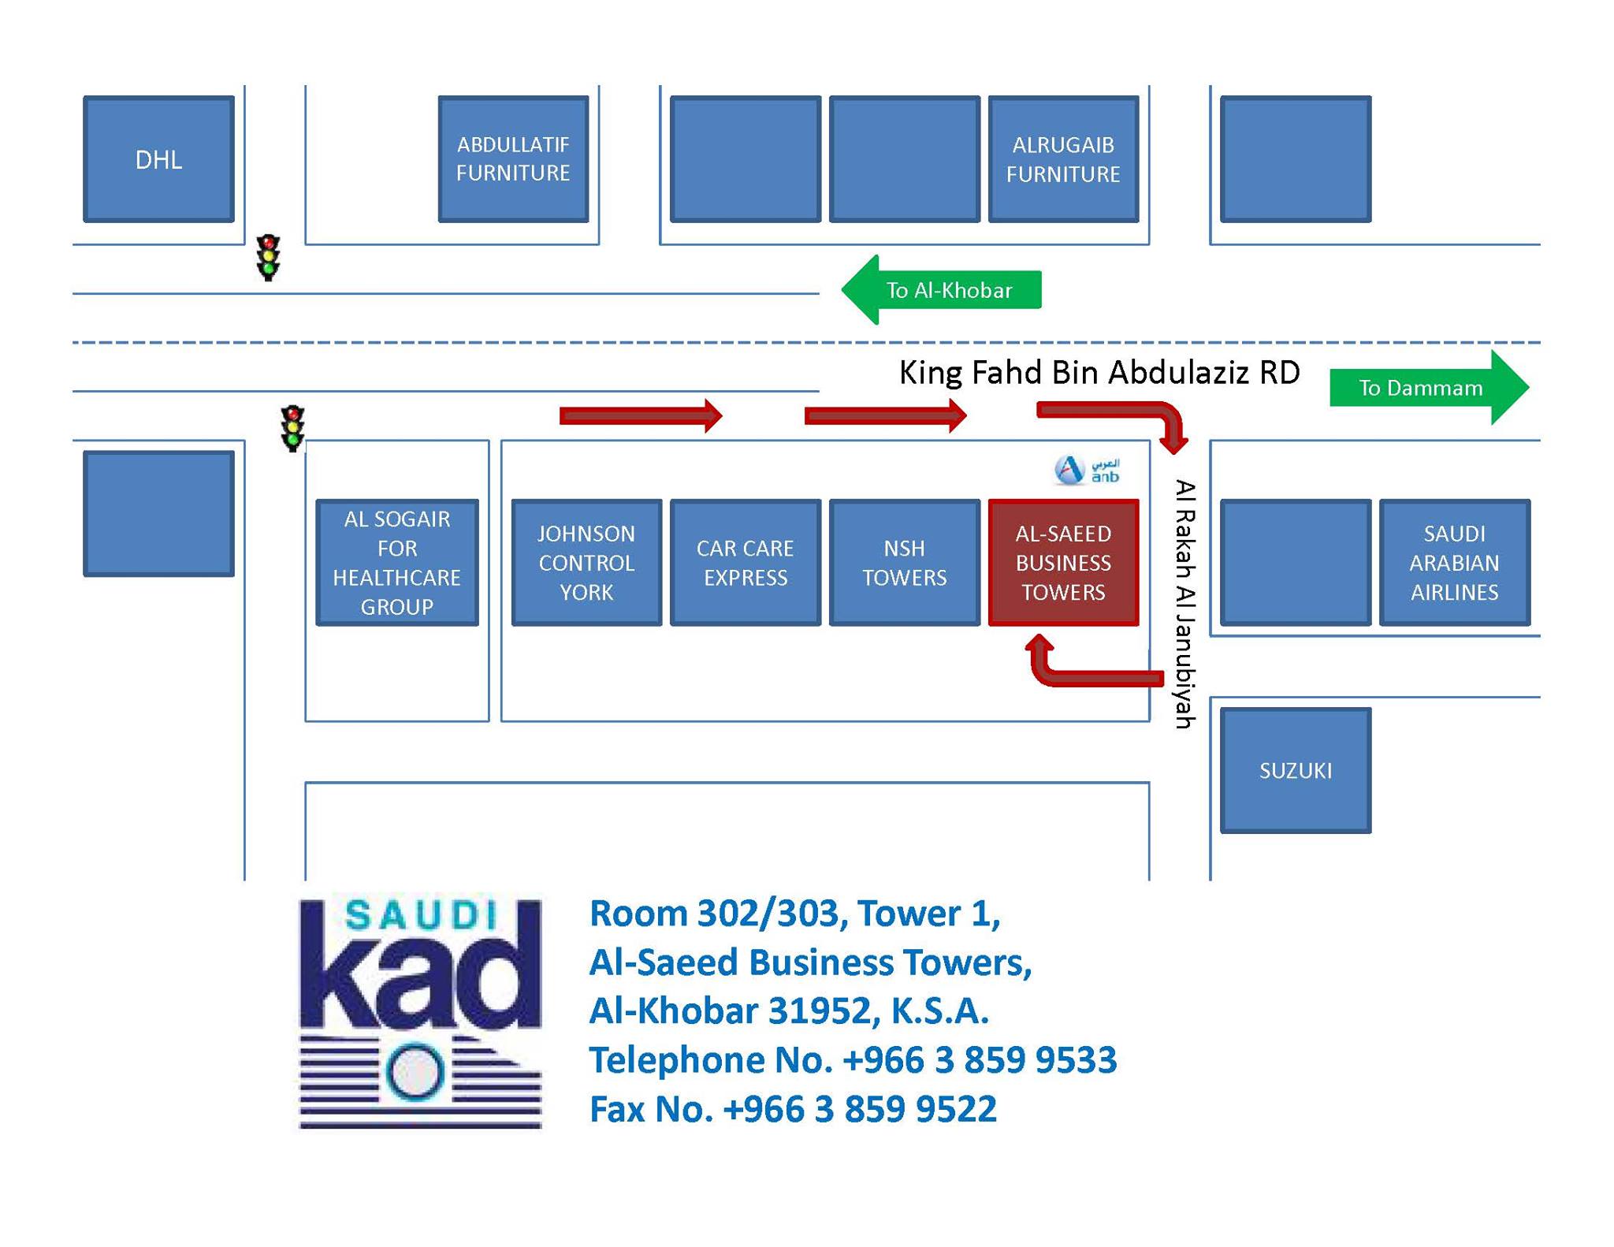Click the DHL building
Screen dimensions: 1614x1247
pos(158,159)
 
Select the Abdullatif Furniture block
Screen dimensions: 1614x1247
pos(513,159)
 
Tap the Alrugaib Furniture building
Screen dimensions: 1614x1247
pos(1063,159)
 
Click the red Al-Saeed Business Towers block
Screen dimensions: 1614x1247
pos(1063,563)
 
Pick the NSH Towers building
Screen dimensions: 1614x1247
pos(904,563)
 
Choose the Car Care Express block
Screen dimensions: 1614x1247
pos(745,563)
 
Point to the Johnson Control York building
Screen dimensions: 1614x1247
pos(586,563)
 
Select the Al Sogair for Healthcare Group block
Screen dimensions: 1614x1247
pos(397,563)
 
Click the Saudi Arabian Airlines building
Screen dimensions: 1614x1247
pos(1454,563)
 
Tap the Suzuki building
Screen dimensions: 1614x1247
pos(1296,770)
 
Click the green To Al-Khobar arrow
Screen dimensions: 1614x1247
pos(942,289)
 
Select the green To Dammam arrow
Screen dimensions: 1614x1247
pos(1430,387)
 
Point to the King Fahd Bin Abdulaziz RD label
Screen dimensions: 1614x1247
pos(1099,372)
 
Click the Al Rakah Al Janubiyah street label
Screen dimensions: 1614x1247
pos(1185,604)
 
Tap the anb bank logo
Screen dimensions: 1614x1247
pos(1087,470)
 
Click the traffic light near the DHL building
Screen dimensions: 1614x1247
pos(268,257)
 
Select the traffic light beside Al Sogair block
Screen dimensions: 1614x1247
pos(292,428)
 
